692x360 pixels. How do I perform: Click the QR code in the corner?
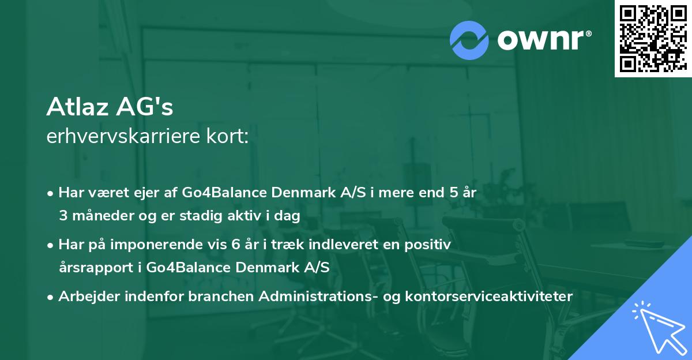pos(653,39)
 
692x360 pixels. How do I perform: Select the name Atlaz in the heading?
pos(79,107)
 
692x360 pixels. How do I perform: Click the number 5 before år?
pos(454,193)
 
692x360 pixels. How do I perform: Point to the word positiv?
pos(429,245)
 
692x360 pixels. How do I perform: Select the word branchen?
pos(221,297)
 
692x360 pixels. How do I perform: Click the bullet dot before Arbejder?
pos(51,297)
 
